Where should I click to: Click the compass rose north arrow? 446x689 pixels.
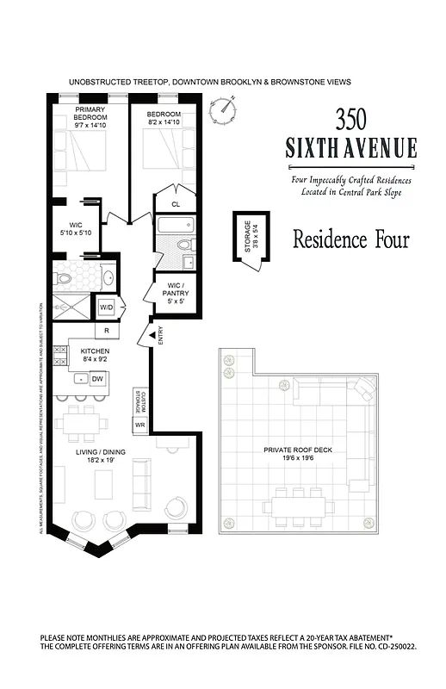226,109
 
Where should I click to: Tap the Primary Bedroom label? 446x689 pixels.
90,115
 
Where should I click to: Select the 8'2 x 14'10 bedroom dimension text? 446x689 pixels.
164,122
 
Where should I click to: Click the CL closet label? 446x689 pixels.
176,204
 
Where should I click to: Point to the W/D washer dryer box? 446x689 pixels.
107,307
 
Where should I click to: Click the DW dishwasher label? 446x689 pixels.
96,378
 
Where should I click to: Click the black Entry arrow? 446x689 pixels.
152,334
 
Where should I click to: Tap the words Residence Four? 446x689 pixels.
351,239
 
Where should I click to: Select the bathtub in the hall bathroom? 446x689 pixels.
177,227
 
